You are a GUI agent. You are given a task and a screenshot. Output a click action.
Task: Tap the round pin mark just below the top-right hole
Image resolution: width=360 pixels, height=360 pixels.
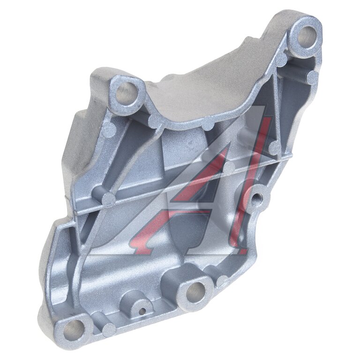coord(282,59)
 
